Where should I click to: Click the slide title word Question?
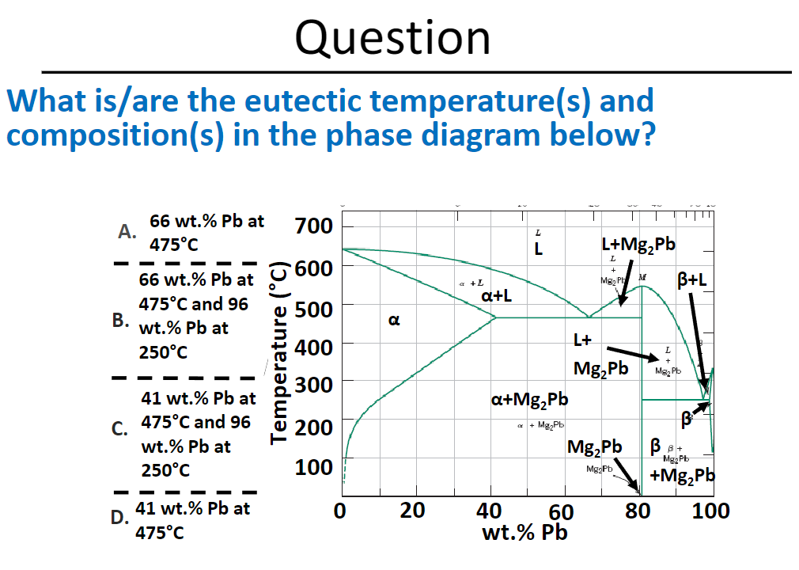pyautogui.click(x=392, y=36)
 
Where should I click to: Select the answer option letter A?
pyautogui.click(x=125, y=232)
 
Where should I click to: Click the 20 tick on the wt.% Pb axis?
pyautogui.click(x=415, y=511)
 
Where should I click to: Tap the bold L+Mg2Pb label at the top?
pyautogui.click(x=638, y=244)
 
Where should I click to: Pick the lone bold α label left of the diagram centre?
pyautogui.click(x=393, y=321)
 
